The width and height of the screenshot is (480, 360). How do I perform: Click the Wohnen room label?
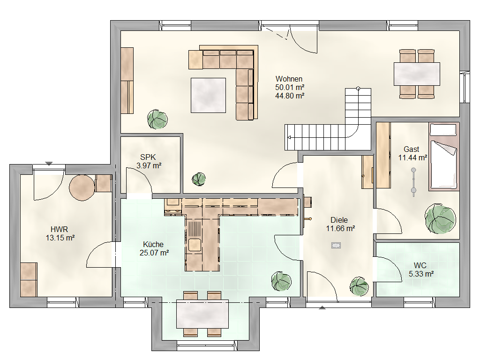289,79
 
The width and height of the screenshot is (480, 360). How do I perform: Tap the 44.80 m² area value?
290,96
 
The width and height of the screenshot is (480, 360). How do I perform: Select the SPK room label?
148,157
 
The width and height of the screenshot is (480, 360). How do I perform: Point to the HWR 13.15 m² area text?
60,238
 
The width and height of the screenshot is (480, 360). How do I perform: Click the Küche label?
153,245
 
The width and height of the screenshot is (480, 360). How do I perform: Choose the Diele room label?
339,220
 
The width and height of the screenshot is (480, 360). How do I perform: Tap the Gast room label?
411,150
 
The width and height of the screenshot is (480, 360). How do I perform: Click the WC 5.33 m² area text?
421,274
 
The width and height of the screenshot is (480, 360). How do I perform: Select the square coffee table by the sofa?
208,95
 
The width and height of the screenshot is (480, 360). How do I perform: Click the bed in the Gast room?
444,157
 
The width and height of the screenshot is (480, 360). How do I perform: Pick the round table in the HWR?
82,187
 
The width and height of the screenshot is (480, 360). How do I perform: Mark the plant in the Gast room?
440,218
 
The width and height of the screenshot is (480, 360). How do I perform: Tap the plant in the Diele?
360,286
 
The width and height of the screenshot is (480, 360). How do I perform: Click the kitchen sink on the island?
195,245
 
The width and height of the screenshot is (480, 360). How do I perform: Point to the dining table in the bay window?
202,314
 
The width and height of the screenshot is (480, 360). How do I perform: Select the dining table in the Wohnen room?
417,74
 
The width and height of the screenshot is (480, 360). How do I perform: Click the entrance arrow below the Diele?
322,307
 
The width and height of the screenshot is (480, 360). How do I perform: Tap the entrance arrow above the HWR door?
49,164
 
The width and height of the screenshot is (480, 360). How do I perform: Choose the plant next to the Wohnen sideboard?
157,119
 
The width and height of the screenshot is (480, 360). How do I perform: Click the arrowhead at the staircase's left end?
289,138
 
